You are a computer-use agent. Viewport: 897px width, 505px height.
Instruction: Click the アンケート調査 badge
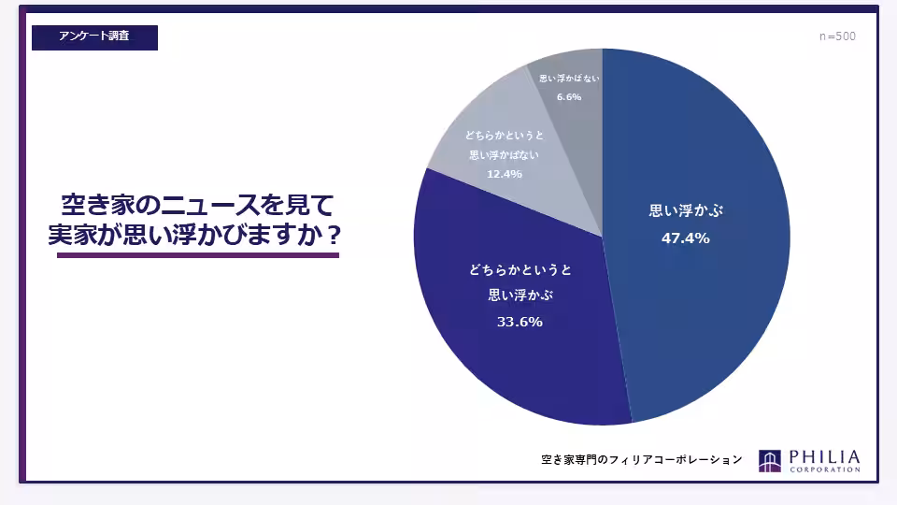(x=94, y=37)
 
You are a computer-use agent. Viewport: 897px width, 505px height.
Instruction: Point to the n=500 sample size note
(x=837, y=36)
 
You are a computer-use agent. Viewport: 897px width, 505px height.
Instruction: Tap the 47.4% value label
(x=685, y=238)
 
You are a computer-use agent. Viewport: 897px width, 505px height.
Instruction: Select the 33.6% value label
(x=520, y=322)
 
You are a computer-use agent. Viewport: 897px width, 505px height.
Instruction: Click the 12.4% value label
(x=505, y=174)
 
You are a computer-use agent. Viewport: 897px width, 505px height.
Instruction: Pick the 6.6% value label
(x=569, y=96)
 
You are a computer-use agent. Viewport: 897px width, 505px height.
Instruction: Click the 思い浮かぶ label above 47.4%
(x=686, y=210)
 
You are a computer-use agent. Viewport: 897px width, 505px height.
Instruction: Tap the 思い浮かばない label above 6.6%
(x=569, y=79)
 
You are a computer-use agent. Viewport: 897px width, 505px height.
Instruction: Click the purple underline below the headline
(x=198, y=255)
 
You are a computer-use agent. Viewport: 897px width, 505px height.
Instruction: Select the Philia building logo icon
(x=769, y=461)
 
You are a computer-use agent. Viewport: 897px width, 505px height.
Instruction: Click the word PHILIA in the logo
(x=824, y=457)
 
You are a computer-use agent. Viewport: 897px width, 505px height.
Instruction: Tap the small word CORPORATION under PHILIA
(x=824, y=469)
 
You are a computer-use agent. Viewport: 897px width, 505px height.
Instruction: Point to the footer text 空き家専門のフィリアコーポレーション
(x=642, y=459)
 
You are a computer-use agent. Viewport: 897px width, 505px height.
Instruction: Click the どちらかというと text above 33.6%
(x=520, y=269)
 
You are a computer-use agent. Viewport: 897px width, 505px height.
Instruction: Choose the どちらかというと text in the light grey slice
(x=505, y=135)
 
